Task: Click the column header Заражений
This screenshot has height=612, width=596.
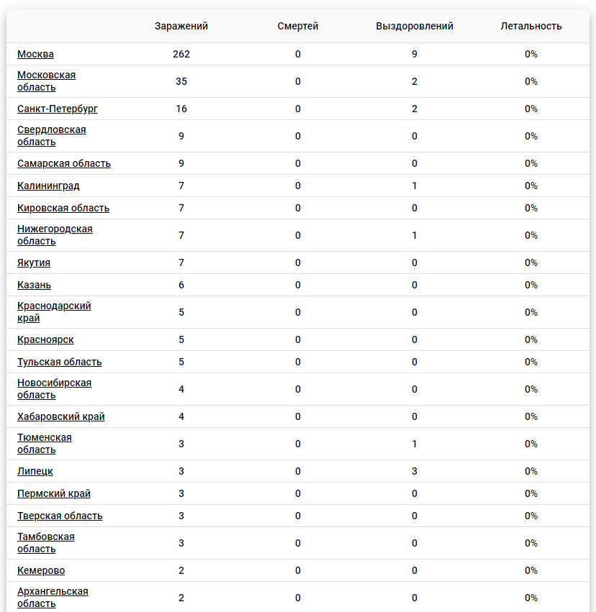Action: tap(181, 26)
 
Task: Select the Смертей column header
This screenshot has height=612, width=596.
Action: tap(298, 26)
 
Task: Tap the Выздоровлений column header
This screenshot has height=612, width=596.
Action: tap(415, 26)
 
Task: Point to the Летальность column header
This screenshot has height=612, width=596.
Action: tap(531, 26)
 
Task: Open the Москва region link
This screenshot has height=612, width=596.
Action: tap(35, 54)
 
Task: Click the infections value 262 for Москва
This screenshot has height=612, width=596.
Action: tap(181, 54)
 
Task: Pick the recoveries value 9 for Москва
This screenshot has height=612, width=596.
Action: tap(415, 54)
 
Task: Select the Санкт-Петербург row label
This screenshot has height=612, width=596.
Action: tap(58, 109)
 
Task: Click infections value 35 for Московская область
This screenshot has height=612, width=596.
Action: tap(181, 81)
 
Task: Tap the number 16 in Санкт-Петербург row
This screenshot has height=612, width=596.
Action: tap(181, 109)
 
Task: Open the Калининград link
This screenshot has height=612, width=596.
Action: tap(48, 186)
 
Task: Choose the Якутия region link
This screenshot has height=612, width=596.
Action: tap(34, 262)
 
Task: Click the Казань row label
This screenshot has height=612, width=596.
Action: tap(34, 285)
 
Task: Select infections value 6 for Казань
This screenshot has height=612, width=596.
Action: tap(181, 285)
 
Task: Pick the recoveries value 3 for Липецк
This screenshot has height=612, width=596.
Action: tap(415, 471)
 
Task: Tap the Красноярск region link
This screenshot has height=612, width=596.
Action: tap(45, 339)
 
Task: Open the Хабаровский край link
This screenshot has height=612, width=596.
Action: tap(61, 416)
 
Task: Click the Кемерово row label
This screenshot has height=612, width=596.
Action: tap(41, 570)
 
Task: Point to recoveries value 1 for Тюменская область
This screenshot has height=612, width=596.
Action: tap(415, 444)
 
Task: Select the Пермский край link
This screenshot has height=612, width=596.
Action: tap(54, 493)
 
